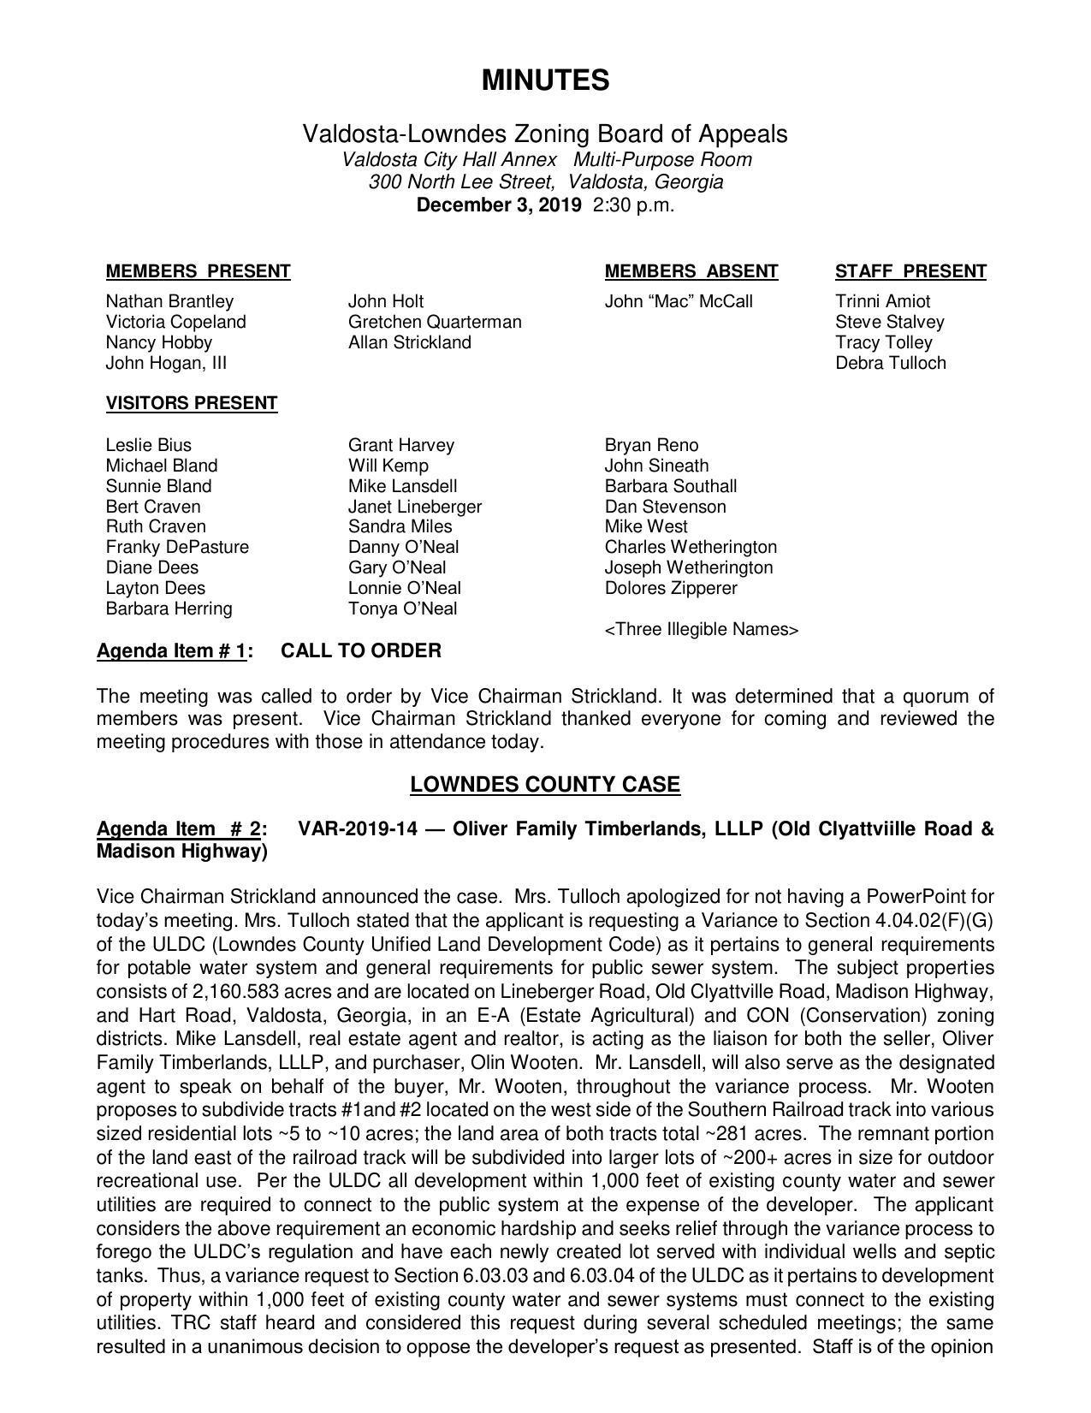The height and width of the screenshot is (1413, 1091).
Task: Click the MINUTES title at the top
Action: click(x=545, y=80)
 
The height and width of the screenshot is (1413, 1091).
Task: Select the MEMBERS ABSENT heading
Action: click(x=691, y=271)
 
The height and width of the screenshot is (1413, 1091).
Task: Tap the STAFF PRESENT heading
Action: click(x=910, y=271)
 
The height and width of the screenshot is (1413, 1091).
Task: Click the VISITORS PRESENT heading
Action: click(x=191, y=403)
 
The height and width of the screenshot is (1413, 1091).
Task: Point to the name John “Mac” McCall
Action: click(x=678, y=301)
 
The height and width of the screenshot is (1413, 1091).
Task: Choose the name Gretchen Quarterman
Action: click(x=434, y=322)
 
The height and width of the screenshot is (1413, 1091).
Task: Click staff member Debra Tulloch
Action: click(x=890, y=363)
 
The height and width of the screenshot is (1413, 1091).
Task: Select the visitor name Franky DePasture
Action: click(x=177, y=547)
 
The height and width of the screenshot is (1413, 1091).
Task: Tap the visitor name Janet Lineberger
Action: click(x=414, y=507)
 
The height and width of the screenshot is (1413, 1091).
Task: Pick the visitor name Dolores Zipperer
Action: click(x=670, y=588)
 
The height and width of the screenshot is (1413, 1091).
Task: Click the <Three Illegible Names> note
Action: click(x=701, y=630)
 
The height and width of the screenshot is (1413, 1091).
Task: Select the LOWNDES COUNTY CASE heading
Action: click(x=545, y=785)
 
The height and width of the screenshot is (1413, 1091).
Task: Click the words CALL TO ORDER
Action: click(x=361, y=650)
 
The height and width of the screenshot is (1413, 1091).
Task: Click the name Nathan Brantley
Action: click(x=169, y=301)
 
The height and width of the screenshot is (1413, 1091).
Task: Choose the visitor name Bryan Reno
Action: click(x=650, y=445)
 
